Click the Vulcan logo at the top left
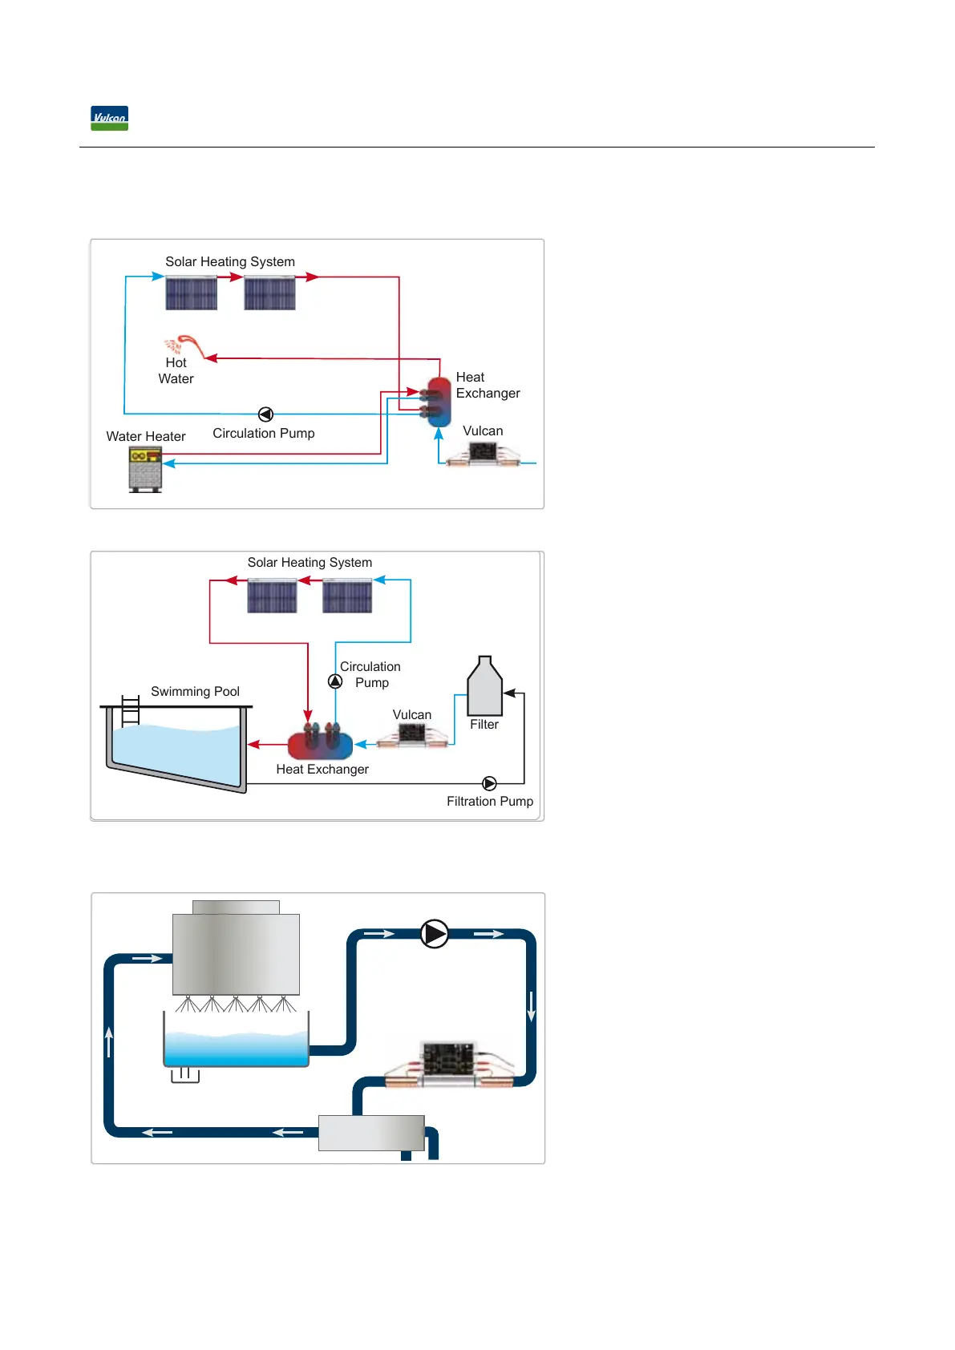point(109,119)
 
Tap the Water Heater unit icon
point(145,469)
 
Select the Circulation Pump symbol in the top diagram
point(265,414)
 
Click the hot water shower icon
point(184,346)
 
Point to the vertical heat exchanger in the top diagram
point(439,402)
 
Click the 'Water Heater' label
point(146,436)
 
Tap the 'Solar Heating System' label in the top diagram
point(230,261)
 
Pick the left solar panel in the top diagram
point(191,293)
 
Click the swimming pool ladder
point(130,711)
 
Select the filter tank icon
point(484,687)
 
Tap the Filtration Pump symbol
point(489,783)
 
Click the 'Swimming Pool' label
point(195,691)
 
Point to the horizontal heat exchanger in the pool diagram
point(320,743)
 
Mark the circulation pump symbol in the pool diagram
point(335,681)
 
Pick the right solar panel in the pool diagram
point(347,597)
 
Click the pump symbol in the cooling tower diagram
point(435,934)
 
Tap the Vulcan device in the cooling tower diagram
point(449,1065)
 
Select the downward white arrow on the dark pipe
point(531,1006)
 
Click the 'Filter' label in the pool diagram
point(484,724)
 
